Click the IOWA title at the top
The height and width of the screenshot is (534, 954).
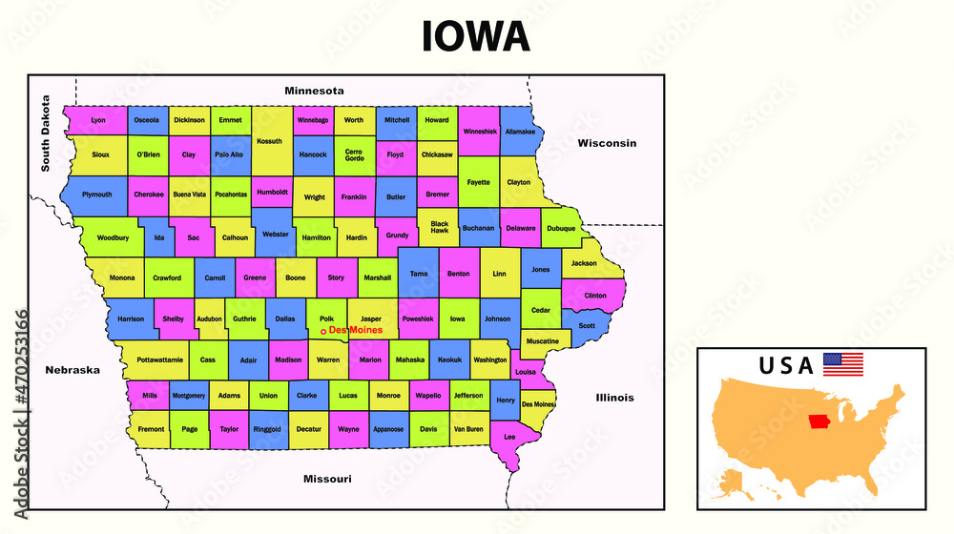click(x=476, y=35)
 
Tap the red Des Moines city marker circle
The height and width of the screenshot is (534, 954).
click(x=323, y=332)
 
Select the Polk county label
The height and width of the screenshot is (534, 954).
click(x=326, y=318)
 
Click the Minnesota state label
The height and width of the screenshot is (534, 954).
click(x=314, y=91)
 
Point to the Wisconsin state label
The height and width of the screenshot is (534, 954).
click(x=606, y=143)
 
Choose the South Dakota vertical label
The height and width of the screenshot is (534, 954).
click(x=45, y=133)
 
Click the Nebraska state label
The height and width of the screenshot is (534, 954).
click(x=73, y=370)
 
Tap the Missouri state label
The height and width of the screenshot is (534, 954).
click(x=327, y=478)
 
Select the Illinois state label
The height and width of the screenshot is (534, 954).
click(x=614, y=397)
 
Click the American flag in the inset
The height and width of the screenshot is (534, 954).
click(x=842, y=364)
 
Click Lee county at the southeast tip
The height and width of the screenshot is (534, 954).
click(x=509, y=437)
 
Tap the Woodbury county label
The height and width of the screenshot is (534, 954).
click(x=113, y=237)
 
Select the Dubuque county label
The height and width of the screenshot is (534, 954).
click(x=561, y=229)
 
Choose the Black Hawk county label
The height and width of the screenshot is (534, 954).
click(x=439, y=227)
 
